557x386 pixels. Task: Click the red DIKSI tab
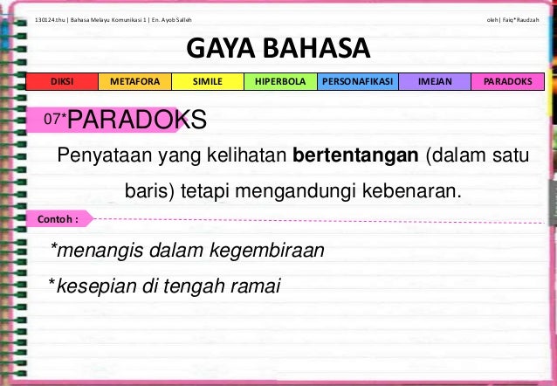coord(62,82)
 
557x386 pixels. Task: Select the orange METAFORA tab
coord(134,82)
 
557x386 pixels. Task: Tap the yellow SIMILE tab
coord(207,82)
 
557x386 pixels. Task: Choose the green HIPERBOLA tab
coord(279,82)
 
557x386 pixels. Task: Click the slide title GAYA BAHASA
coord(278,48)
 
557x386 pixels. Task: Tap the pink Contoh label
coord(59,217)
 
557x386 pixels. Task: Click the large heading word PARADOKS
coord(137,120)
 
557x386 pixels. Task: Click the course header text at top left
coord(113,18)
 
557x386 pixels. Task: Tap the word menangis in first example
coord(91,252)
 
